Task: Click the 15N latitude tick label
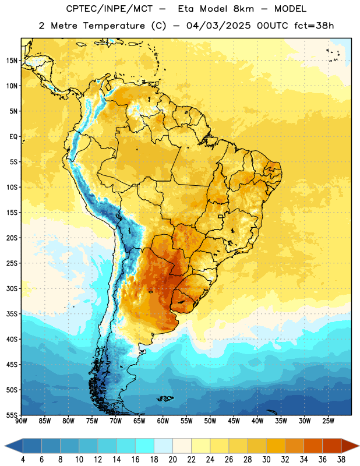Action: (x=12, y=61)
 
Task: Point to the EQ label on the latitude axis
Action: (x=13, y=137)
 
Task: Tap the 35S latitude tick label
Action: (x=12, y=314)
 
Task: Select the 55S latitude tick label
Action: (x=12, y=415)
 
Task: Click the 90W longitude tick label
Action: (x=21, y=421)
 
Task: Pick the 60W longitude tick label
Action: (x=163, y=421)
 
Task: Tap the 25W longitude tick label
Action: (x=328, y=421)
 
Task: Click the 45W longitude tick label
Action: (x=234, y=421)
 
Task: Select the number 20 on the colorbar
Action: (x=172, y=460)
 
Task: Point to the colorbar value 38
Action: (x=341, y=460)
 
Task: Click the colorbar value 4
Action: (x=23, y=460)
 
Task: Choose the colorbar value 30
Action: (x=266, y=460)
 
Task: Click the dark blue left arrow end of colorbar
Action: (x=14, y=446)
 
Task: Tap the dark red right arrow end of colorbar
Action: (x=350, y=446)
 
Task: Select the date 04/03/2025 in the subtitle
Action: (x=218, y=26)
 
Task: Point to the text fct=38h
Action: (x=314, y=26)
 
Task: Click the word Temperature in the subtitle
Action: (x=114, y=26)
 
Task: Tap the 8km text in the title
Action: (x=243, y=9)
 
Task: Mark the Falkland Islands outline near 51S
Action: (x=165, y=398)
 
